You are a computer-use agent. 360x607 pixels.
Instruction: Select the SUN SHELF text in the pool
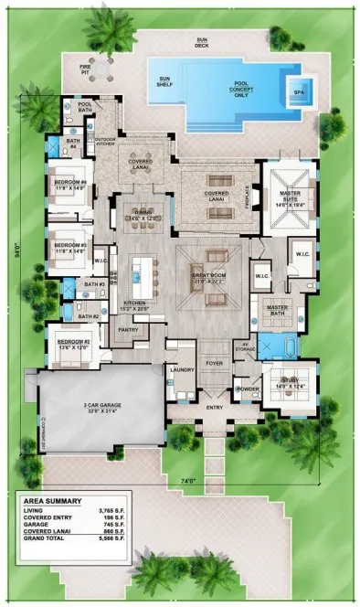(x=164, y=82)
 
